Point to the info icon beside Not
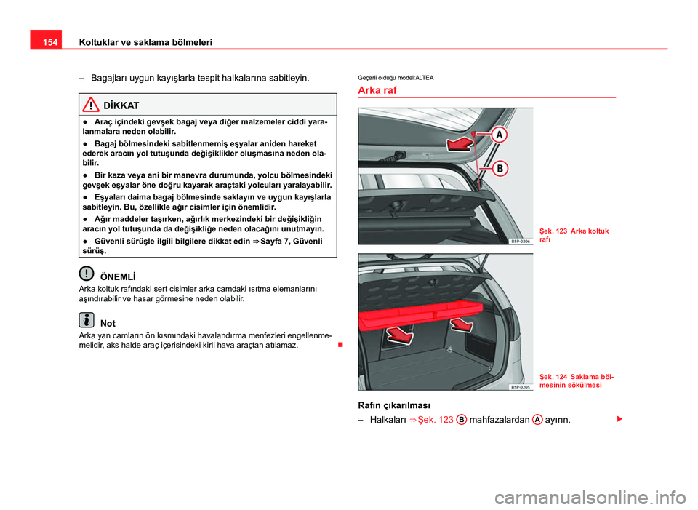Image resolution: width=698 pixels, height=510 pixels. click(x=87, y=319)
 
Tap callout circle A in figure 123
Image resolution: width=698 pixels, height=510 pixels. click(x=501, y=135)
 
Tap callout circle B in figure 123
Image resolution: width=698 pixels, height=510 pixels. click(x=501, y=169)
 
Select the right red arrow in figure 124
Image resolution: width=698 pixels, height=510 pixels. click(x=460, y=323)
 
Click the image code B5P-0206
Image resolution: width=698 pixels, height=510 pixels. click(x=519, y=240)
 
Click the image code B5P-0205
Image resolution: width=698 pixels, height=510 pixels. click(x=519, y=387)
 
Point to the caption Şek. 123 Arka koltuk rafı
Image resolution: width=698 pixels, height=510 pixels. click(x=574, y=234)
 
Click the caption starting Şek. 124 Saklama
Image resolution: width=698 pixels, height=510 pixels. click(x=576, y=380)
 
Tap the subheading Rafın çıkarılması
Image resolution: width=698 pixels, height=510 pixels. click(x=393, y=405)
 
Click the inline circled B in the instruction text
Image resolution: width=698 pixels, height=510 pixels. click(x=461, y=420)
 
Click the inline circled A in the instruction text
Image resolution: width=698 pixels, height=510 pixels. click(x=536, y=420)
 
